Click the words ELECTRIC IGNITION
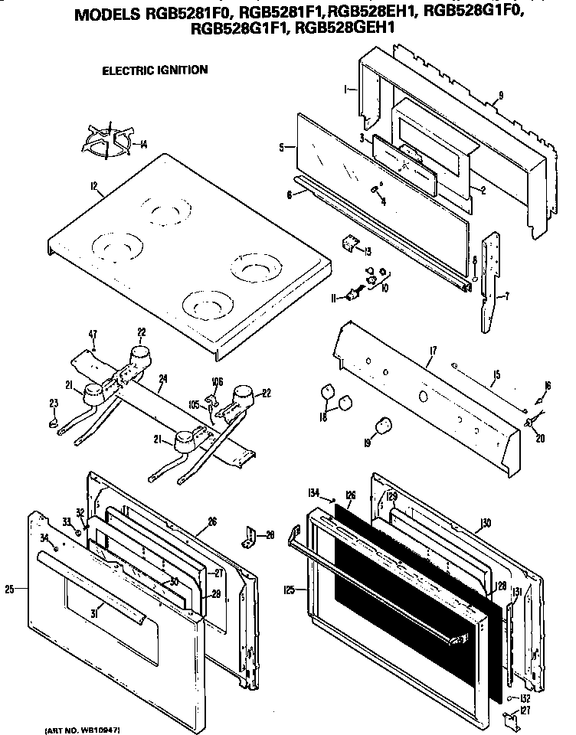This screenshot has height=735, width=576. pyautogui.click(x=155, y=70)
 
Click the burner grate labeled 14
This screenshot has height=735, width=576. pyautogui.click(x=106, y=141)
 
